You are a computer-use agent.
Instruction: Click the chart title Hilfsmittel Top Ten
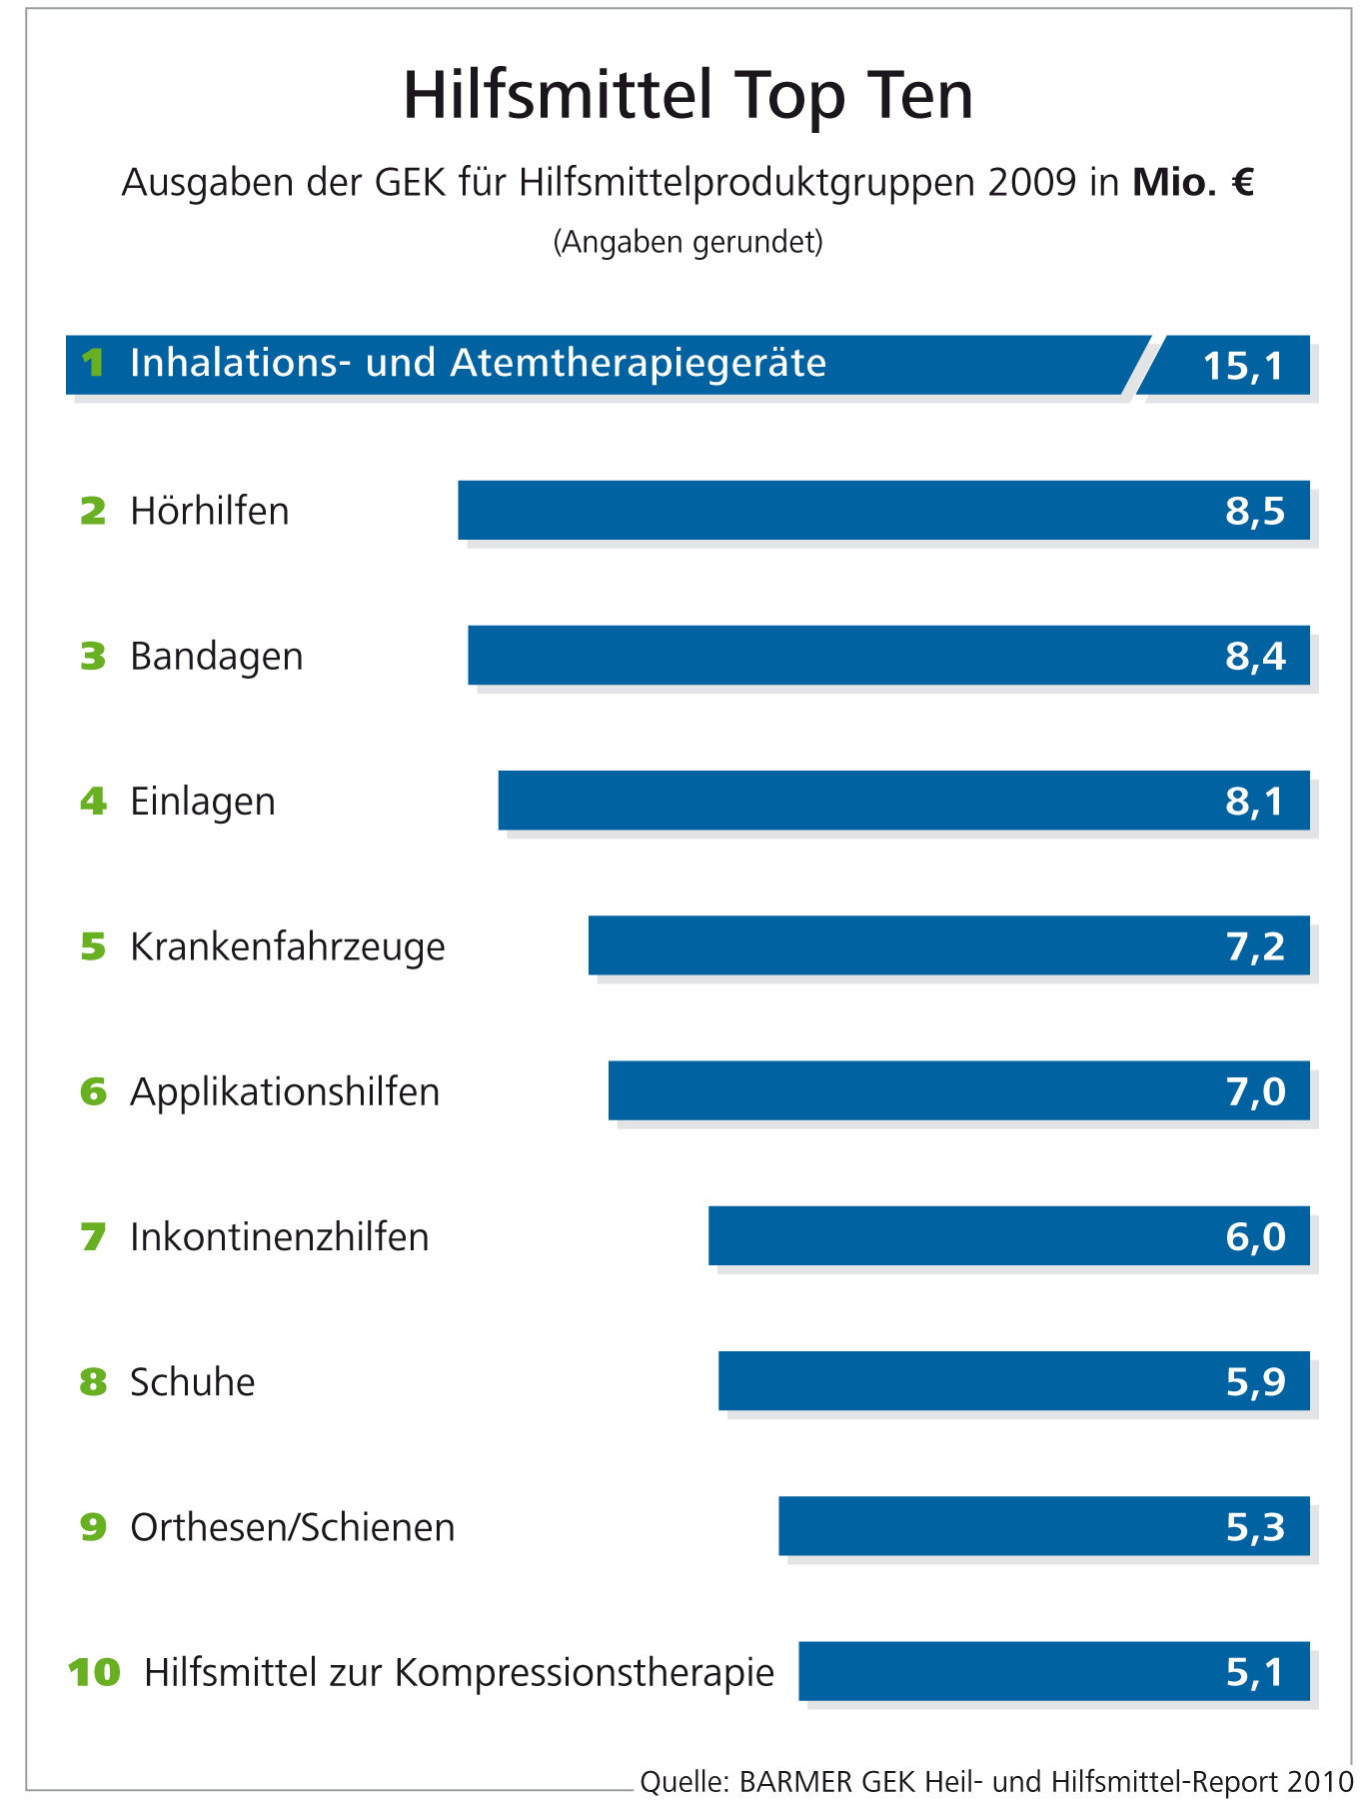(x=687, y=96)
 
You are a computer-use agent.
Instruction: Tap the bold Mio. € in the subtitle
(x=1192, y=183)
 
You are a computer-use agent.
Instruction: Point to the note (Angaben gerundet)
(x=687, y=242)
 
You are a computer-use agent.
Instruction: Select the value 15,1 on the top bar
(x=1242, y=366)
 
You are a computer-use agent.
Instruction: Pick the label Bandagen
(x=216, y=657)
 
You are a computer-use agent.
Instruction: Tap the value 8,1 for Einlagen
(x=1254, y=802)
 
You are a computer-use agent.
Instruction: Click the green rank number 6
(x=93, y=1091)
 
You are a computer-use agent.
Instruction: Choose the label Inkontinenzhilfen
(x=279, y=1237)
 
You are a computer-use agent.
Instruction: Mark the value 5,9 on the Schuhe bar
(x=1255, y=1382)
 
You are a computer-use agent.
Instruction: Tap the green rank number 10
(x=94, y=1672)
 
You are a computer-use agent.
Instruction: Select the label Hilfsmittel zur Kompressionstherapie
(x=459, y=1672)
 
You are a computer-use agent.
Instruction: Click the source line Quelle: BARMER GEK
(x=995, y=1781)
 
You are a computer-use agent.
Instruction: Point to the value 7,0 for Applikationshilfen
(x=1255, y=1091)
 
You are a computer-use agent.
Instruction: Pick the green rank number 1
(x=93, y=363)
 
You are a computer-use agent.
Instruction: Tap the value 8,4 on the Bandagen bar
(x=1255, y=657)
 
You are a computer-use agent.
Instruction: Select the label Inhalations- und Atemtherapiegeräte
(x=478, y=363)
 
